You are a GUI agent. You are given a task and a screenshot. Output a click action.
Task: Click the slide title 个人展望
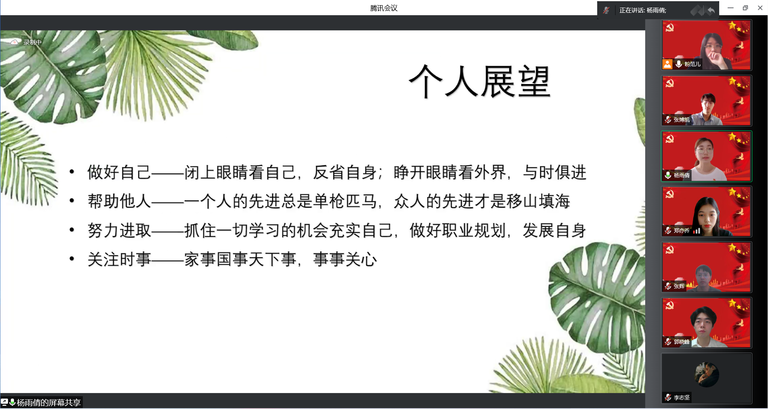tap(480, 82)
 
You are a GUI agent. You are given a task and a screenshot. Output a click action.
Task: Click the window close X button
tap(760, 8)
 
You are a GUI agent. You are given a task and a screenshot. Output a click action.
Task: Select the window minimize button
tap(730, 8)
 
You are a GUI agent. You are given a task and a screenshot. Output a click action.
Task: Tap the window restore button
tap(745, 8)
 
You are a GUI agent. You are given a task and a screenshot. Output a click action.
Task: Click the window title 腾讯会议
tap(384, 8)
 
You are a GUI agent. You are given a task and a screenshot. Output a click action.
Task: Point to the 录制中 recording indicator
tap(32, 42)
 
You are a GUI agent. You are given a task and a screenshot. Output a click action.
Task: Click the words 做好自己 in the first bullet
tap(119, 172)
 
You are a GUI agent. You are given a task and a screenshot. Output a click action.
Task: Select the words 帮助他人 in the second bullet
tap(119, 201)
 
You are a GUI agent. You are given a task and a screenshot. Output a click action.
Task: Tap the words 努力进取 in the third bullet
tap(119, 231)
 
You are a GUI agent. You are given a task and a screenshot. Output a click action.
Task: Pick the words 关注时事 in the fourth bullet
tap(119, 259)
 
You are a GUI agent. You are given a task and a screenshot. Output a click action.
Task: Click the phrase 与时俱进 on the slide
tap(554, 172)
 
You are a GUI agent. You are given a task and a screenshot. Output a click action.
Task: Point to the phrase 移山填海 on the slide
tap(538, 201)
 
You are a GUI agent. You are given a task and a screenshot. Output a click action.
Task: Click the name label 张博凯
tap(681, 120)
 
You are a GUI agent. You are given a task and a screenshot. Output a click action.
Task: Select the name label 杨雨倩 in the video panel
tap(682, 175)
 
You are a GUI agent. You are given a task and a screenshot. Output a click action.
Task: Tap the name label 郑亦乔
tap(682, 231)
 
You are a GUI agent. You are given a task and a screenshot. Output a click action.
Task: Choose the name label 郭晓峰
tap(682, 342)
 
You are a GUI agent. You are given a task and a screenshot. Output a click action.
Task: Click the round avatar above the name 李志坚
tap(706, 375)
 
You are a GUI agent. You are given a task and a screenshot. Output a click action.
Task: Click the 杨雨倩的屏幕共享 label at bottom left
tap(49, 403)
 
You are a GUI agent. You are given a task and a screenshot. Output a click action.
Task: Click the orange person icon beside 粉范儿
tap(667, 64)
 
